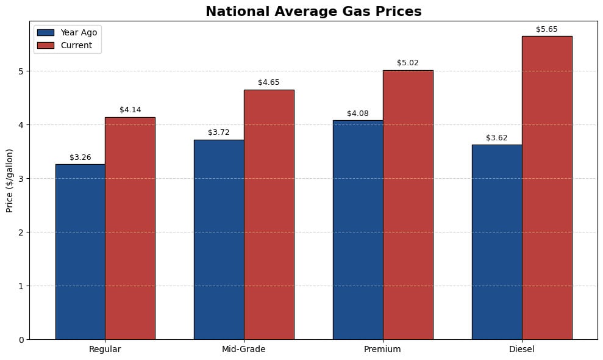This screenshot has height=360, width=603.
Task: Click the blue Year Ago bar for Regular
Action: coord(80,251)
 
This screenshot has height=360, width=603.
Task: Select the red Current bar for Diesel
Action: coord(547,187)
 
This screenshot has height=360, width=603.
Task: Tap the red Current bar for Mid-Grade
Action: coord(269,214)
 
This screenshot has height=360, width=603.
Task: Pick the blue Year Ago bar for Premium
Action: coord(358,229)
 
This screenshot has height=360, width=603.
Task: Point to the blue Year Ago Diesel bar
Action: coord(497,242)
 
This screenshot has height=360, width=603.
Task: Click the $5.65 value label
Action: coord(547,29)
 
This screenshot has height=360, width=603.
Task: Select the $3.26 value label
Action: coord(80,157)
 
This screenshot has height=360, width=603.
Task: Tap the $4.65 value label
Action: coord(269,82)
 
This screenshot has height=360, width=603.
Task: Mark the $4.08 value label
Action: coord(358,113)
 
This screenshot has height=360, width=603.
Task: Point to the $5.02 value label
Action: coord(408,63)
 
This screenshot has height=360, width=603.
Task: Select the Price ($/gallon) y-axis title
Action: coord(10,180)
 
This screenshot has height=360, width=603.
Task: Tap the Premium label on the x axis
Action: coord(383,350)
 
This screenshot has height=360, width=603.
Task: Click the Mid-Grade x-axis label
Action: coord(244,350)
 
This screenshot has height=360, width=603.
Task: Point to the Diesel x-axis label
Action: coord(522,350)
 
